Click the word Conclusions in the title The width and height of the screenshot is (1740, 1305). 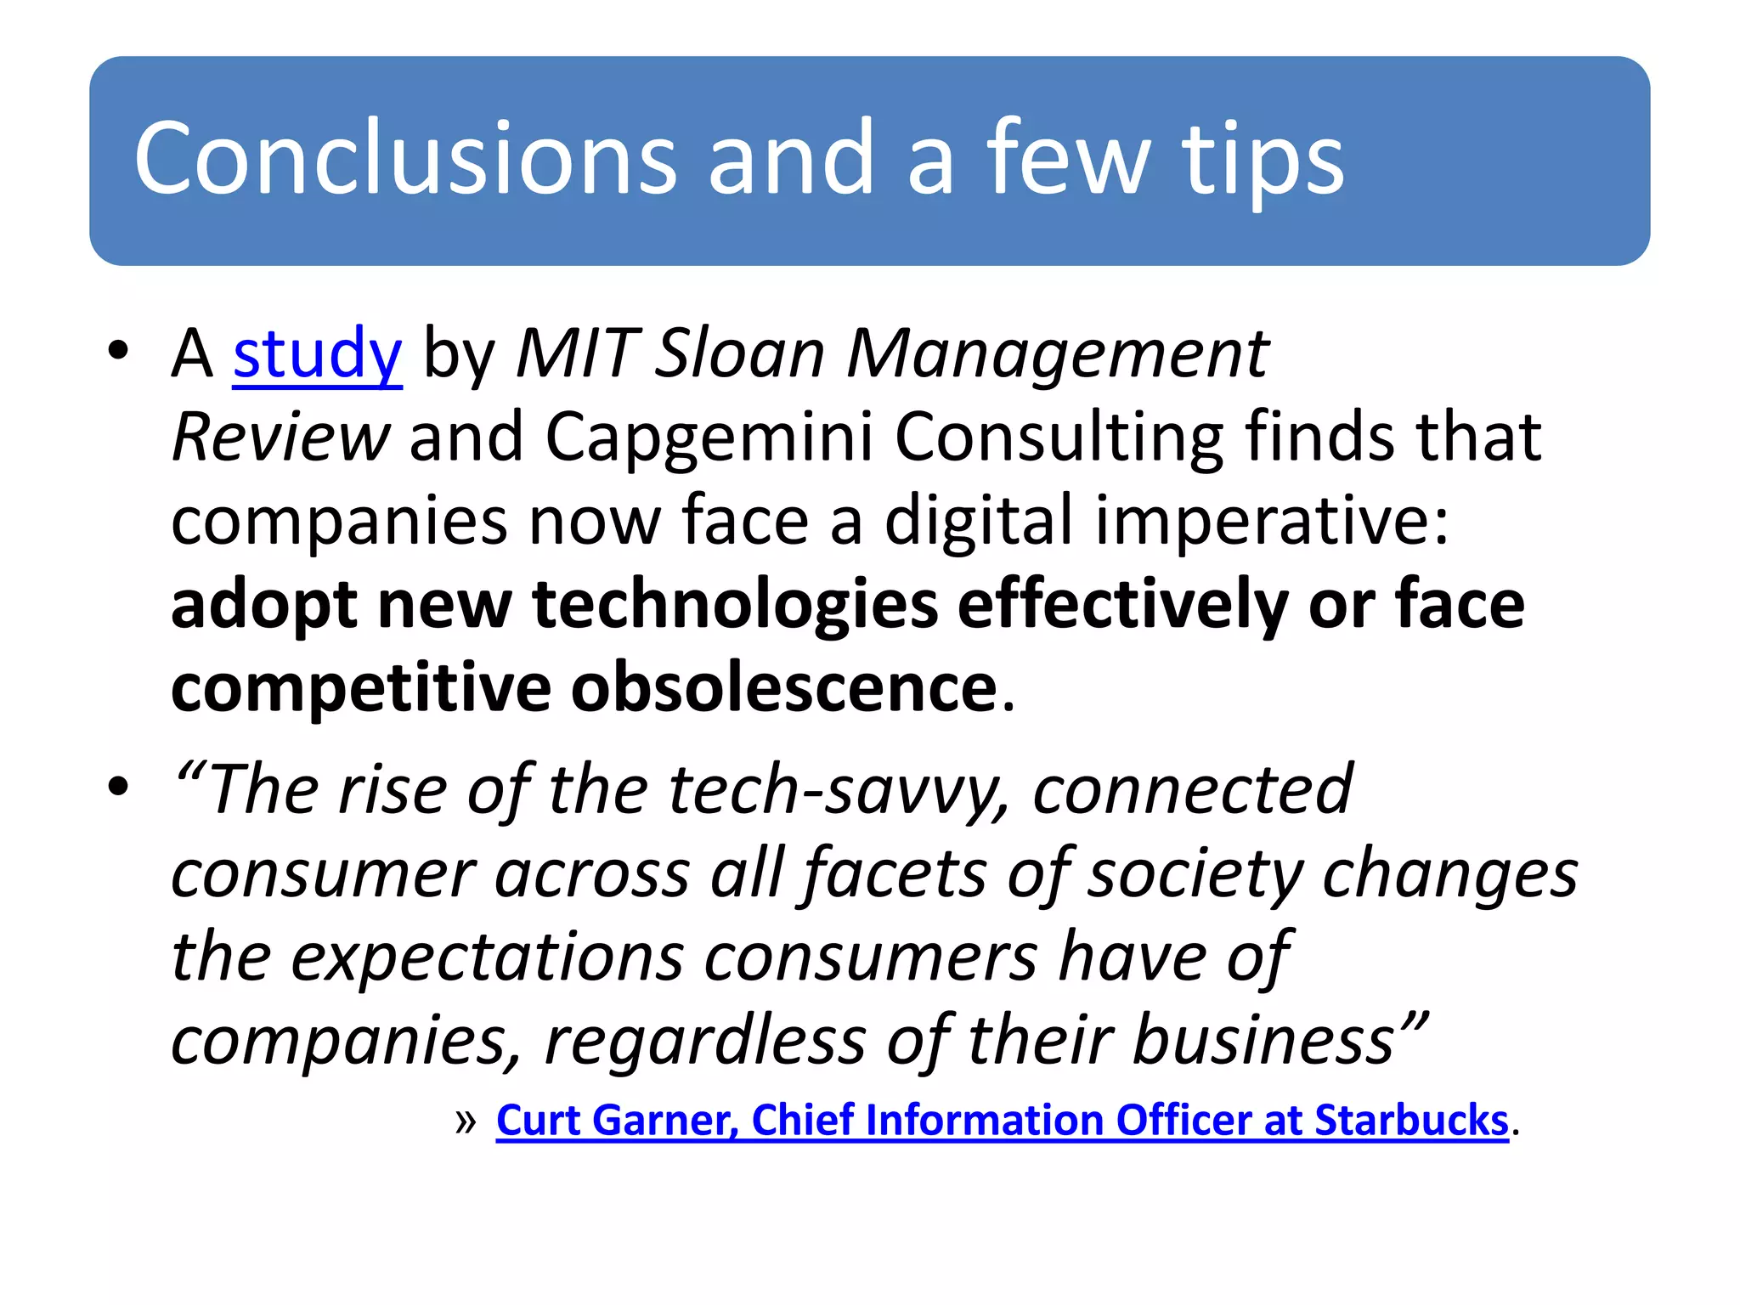pyautogui.click(x=404, y=158)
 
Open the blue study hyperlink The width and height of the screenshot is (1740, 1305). pyautogui.click(x=317, y=354)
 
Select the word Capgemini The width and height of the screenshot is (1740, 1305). pyautogui.click(x=709, y=438)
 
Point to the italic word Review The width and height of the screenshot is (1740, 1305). pyautogui.click(x=280, y=438)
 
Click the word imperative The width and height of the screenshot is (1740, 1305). pyautogui.click(x=1272, y=521)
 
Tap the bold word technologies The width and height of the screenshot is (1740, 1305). pyautogui.click(x=735, y=605)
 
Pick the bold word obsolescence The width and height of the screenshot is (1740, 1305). pyautogui.click(x=784, y=688)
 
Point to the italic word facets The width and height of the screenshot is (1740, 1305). pyautogui.click(x=895, y=874)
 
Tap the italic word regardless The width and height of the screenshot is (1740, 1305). pyautogui.click(x=705, y=1041)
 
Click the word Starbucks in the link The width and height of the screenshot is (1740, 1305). pyautogui.click(x=1411, y=1121)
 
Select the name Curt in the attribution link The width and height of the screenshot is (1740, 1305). pyautogui.click(x=535, y=1121)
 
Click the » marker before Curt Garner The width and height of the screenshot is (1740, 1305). pyautogui.click(x=466, y=1122)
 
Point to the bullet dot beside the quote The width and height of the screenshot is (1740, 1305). pyautogui.click(x=118, y=786)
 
